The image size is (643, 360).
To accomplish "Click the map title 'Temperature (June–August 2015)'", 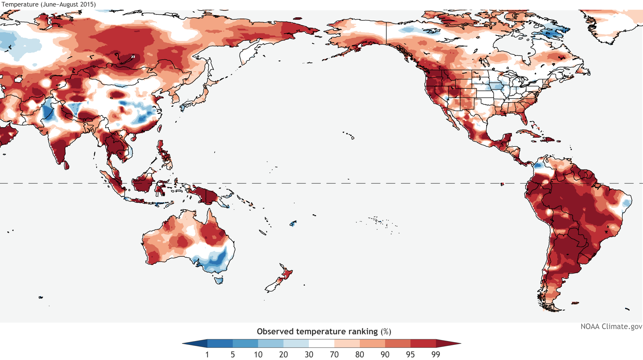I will tap(49, 5).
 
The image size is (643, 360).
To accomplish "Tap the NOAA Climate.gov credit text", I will tap(611, 326).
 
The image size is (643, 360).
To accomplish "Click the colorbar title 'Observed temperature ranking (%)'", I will tap(324, 332).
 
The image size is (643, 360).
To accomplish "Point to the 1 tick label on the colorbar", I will tap(207, 354).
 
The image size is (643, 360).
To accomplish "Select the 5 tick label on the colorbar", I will tap(233, 354).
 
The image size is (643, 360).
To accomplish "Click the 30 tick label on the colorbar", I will tap(309, 354).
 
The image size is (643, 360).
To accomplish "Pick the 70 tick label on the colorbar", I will tap(334, 354).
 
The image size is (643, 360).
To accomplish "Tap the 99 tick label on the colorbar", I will tap(436, 354).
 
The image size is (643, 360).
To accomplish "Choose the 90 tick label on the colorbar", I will tap(385, 354).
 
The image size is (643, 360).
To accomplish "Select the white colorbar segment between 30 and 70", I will tap(321, 343).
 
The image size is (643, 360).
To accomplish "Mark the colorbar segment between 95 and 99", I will tap(423, 343).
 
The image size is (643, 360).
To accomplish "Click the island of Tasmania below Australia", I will tap(219, 280).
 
